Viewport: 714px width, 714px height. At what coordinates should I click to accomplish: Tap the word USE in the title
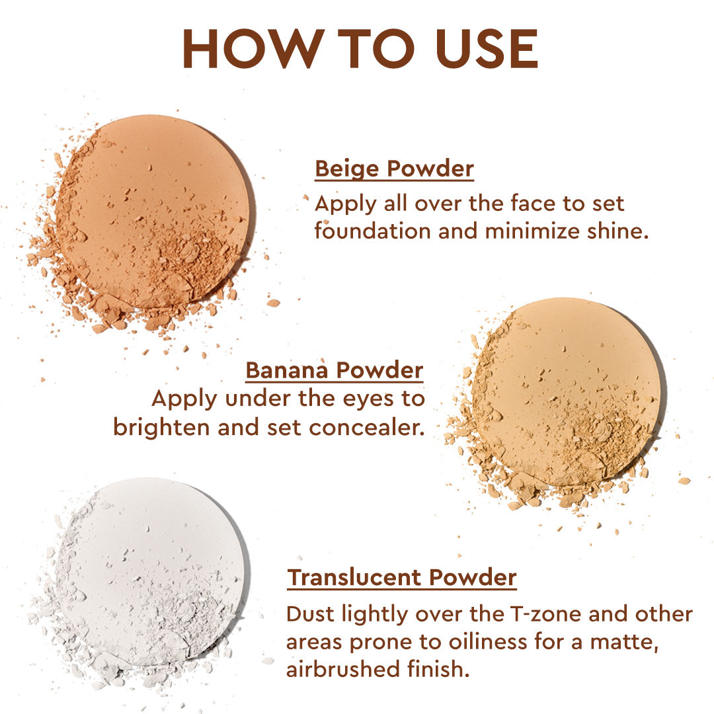[487, 48]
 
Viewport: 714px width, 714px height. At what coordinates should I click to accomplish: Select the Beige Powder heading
[394, 169]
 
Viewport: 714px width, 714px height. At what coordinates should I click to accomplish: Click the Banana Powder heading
[335, 370]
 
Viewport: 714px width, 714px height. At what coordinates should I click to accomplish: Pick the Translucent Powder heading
[402, 578]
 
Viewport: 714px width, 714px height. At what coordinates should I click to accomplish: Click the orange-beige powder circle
[155, 214]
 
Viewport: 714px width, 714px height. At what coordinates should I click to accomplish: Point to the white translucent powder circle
[150, 574]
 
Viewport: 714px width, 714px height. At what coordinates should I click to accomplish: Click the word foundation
[372, 231]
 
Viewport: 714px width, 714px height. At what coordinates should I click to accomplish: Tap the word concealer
[366, 428]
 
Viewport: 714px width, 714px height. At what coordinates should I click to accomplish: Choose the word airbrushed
[343, 669]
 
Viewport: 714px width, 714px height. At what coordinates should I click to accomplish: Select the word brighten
[162, 428]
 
